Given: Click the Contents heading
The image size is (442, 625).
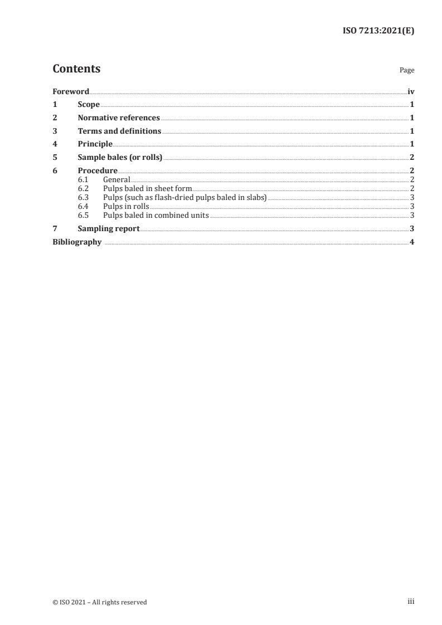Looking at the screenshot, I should point(76,69).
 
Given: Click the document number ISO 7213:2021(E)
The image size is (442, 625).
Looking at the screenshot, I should point(378,31).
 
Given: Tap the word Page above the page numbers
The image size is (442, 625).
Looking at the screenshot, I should point(407,71).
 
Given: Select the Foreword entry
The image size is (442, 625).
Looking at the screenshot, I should point(71,91).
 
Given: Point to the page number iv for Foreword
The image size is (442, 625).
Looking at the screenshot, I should point(411,91).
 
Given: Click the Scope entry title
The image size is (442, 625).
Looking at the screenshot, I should point(89,105).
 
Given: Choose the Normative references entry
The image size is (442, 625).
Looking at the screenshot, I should point(119,118).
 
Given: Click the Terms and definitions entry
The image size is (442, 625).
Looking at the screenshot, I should point(119,131).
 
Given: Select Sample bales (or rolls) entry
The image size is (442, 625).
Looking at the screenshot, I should point(120,158).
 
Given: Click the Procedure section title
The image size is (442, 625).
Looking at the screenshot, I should point(98,171).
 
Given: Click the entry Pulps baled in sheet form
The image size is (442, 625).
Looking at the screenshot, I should point(147,189).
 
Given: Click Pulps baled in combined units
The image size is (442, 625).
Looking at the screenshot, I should point(156,216).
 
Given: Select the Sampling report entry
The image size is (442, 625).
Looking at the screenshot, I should point(109,228).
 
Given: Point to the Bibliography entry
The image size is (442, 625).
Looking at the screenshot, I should point(77,242).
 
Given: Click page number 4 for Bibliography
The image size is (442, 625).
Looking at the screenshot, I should point(411,242).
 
